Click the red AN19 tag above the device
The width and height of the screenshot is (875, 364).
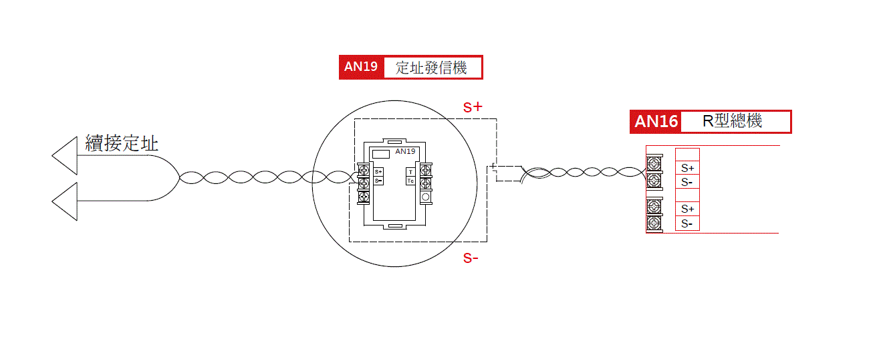[x=361, y=67]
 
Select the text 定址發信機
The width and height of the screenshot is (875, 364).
[x=431, y=67]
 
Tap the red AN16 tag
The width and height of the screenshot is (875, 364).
[x=655, y=121]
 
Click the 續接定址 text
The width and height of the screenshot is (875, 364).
[x=122, y=143]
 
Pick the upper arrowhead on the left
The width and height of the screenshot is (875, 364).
[x=65, y=155]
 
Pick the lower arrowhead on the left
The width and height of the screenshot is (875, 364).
[x=65, y=201]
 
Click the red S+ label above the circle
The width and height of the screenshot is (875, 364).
[x=473, y=107]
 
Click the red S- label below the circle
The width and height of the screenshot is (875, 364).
[x=471, y=259]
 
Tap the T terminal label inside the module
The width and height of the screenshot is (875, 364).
[x=410, y=172]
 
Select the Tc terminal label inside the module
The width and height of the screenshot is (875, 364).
[x=410, y=181]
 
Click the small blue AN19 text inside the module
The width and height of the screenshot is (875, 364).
[x=405, y=152]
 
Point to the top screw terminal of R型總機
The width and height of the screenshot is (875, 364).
[x=654, y=163]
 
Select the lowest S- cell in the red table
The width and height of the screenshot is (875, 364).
[x=687, y=223]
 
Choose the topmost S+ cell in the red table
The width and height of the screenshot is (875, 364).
[x=687, y=168]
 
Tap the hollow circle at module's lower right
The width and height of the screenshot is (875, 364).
[x=425, y=197]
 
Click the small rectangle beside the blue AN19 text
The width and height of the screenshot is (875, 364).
[x=381, y=153]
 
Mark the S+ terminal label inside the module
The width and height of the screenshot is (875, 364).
[x=378, y=173]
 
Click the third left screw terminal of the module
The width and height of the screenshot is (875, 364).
[x=364, y=197]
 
